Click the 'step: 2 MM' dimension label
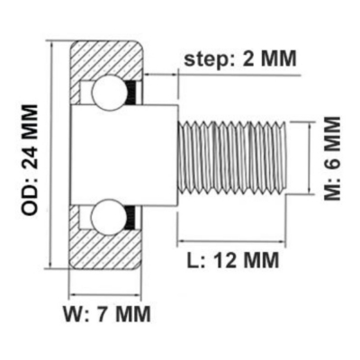(x=240, y=58)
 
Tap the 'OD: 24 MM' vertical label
(x=30, y=160)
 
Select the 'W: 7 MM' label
(x=107, y=314)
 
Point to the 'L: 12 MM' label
(x=233, y=260)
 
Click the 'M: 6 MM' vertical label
(x=332, y=158)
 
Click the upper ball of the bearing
(x=109, y=92)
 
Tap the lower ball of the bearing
(x=109, y=217)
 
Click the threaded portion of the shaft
(x=231, y=157)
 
